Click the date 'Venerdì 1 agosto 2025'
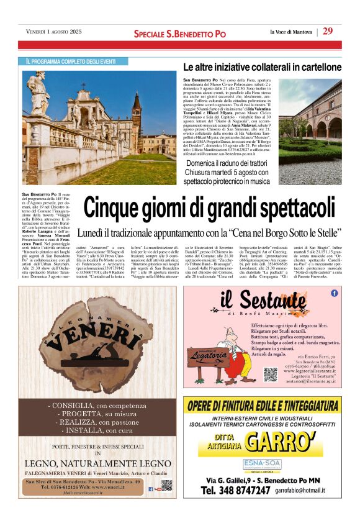pyautogui.click(x=54, y=32)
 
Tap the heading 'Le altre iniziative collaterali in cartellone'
pyautogui.click(x=262, y=67)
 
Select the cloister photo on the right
pyautogui.click(x=310, y=130)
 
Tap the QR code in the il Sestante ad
pyautogui.click(x=270, y=374)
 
